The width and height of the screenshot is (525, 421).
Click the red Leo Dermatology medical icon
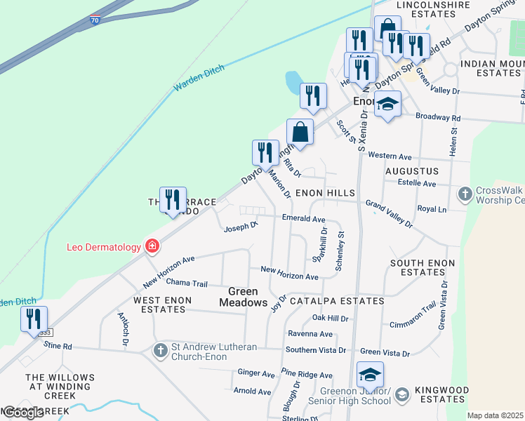click(151, 246)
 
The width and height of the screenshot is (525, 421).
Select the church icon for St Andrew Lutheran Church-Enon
click(160, 349)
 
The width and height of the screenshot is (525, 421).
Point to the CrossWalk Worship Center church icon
click(465, 192)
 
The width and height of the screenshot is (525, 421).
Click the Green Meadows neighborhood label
click(243, 297)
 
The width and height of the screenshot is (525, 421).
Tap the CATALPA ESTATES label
click(340, 301)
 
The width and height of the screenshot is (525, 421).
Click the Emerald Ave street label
click(303, 219)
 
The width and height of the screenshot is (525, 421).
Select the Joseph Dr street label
click(241, 227)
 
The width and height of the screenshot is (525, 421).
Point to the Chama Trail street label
click(187, 283)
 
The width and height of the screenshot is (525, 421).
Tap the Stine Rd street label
click(58, 346)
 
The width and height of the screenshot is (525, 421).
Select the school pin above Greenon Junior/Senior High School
click(370, 374)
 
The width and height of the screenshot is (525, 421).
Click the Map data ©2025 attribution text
click(495, 415)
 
